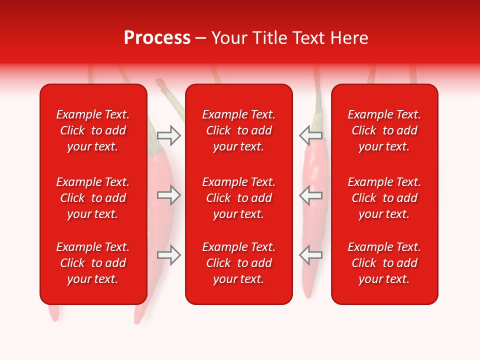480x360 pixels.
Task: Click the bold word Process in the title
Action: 157,38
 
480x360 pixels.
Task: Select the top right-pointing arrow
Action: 168,135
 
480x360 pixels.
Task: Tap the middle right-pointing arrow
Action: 168,195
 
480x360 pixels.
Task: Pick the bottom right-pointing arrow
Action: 168,255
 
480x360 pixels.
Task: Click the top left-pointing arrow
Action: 310,135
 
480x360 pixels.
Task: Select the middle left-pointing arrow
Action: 310,195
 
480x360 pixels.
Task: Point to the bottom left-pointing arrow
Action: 310,255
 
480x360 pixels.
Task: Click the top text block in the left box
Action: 93,130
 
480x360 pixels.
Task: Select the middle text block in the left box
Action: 93,198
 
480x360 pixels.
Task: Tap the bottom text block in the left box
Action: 93,263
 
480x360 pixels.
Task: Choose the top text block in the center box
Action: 238,130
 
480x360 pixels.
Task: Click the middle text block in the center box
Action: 238,198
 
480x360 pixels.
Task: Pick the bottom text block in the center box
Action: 238,263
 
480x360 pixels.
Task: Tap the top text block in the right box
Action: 384,130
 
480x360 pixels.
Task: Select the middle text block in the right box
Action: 384,198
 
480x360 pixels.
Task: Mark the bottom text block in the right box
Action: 384,263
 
